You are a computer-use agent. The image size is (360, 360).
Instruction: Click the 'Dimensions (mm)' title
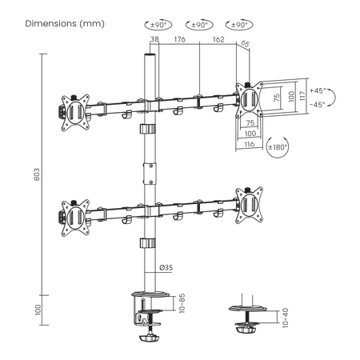[65, 23]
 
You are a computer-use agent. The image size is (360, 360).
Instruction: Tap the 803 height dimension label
[37, 174]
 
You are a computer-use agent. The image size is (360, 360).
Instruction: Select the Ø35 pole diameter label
[166, 267]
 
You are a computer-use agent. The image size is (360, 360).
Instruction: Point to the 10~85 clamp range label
[182, 303]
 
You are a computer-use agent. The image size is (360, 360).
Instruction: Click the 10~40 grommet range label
[285, 318]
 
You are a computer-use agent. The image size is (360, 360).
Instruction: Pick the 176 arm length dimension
[180, 39]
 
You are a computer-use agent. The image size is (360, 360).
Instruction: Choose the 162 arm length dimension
[218, 39]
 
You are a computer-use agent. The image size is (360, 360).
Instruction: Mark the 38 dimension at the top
[154, 39]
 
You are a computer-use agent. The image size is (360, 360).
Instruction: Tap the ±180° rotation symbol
[278, 147]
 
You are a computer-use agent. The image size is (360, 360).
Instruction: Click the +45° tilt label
[318, 90]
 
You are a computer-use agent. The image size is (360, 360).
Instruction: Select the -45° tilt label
[318, 104]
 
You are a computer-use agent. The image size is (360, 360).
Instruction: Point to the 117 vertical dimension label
[302, 96]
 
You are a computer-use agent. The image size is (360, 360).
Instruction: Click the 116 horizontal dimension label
[250, 144]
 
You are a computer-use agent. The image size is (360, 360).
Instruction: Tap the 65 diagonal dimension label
[245, 43]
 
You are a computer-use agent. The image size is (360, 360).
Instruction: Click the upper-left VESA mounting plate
[75, 113]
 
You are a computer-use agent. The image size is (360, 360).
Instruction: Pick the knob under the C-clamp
[148, 338]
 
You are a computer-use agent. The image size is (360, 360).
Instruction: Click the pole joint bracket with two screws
[150, 174]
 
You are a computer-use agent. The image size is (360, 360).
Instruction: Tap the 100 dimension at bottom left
[38, 310]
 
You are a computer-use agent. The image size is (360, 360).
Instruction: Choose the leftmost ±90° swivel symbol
[158, 25]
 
